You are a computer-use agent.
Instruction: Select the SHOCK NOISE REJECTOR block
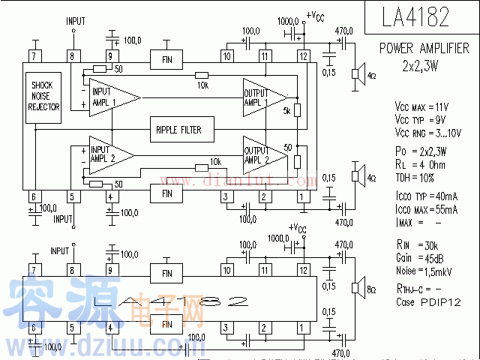point(43,97)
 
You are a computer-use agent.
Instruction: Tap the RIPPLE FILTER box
point(178,130)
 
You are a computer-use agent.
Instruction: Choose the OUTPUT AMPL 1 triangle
point(262,97)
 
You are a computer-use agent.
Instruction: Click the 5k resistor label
point(286,112)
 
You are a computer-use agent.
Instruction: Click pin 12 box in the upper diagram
point(302,56)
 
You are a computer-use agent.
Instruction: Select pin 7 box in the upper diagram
point(34,56)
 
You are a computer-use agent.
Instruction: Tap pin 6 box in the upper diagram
point(34,196)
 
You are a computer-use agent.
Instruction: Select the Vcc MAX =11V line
point(427,106)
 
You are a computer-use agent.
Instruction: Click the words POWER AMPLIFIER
point(424,49)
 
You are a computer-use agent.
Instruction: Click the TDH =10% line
point(416,178)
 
